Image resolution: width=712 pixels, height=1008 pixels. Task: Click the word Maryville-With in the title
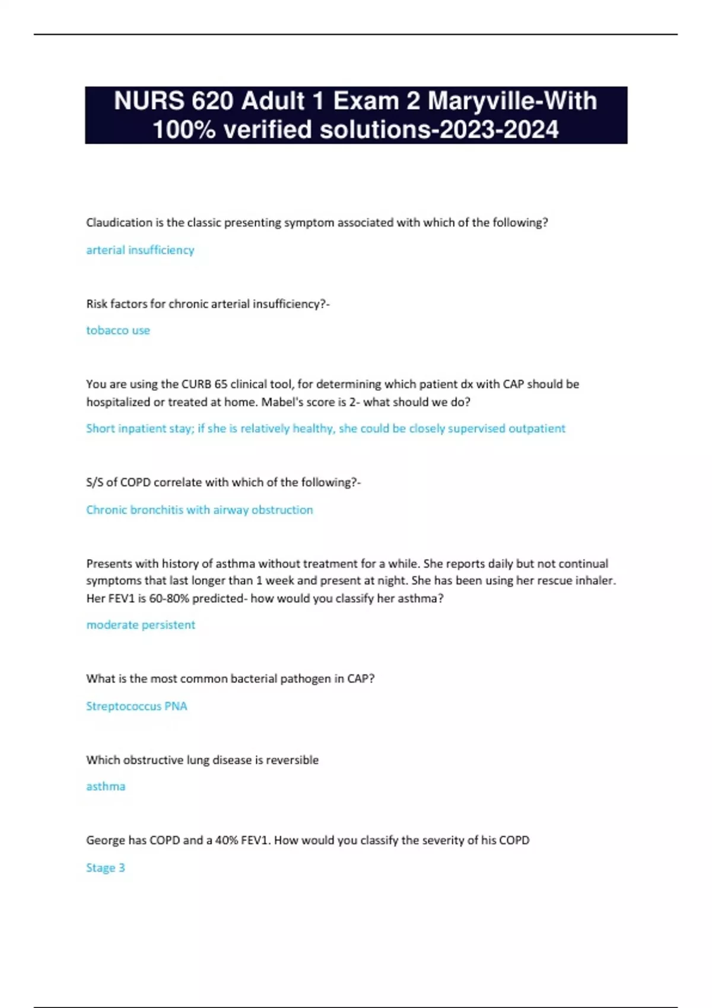tap(512, 101)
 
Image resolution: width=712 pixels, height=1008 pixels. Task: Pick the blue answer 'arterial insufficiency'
tap(140, 250)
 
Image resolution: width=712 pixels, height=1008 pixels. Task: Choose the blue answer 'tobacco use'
tap(118, 330)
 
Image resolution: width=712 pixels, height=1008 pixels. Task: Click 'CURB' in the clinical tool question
tap(196, 384)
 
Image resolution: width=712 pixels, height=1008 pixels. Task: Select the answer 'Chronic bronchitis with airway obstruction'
tap(199, 510)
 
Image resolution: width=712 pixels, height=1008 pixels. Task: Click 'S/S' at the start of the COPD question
tap(95, 483)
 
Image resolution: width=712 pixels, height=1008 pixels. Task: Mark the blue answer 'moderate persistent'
tap(141, 625)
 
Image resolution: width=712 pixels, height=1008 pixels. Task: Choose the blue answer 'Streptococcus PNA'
tap(136, 706)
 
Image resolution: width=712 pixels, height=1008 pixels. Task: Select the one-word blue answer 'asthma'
tap(106, 787)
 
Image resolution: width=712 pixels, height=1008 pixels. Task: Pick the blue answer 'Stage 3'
tap(106, 868)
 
